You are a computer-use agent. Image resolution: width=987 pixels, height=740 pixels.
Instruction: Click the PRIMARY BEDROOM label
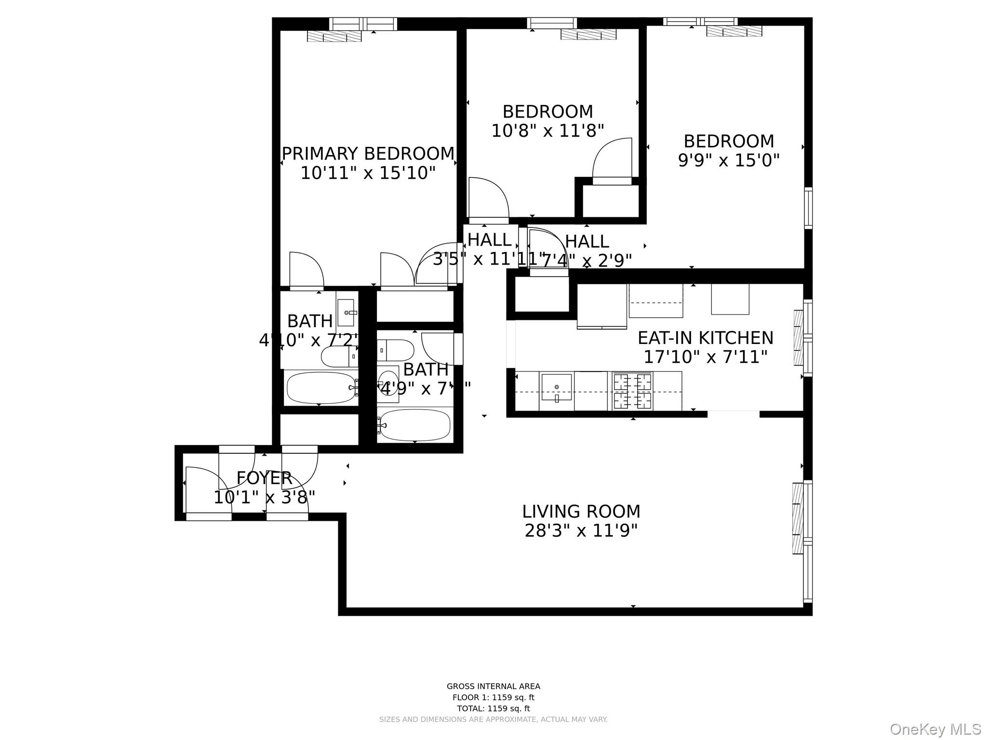368,154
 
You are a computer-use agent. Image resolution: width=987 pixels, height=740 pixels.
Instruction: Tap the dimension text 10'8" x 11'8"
547,131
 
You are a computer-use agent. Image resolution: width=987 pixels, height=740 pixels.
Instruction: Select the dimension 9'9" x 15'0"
728,160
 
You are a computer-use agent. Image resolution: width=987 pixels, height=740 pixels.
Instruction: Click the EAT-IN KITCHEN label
705,338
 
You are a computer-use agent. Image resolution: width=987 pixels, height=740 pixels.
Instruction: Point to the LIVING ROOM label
581,511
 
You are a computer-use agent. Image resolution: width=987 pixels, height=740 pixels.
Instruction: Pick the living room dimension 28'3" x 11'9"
581,530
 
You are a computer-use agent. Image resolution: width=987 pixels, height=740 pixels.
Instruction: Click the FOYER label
264,478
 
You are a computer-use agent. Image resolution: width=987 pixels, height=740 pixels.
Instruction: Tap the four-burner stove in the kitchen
632,391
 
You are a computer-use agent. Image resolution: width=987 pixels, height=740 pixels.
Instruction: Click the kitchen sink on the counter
556,388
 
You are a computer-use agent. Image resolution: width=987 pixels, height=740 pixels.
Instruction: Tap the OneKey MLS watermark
935,729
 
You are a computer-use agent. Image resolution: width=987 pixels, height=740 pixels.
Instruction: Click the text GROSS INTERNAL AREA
493,686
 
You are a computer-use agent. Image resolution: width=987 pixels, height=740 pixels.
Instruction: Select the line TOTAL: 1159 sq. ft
493,708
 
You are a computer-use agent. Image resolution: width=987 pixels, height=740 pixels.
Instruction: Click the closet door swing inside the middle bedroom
611,159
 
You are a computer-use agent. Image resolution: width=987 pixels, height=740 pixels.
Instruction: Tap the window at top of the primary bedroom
363,24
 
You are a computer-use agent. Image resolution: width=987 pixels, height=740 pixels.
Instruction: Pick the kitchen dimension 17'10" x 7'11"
705,357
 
